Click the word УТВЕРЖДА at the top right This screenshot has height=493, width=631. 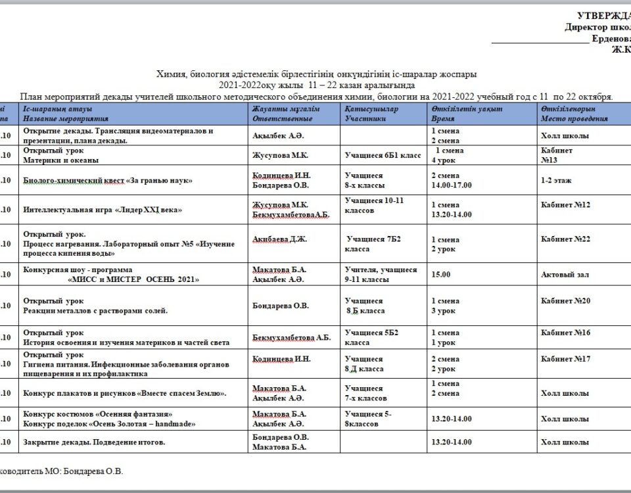pos(603,16)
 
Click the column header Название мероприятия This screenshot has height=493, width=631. pos(65,118)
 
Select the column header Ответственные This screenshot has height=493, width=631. pos(282,118)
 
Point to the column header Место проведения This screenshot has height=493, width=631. pos(574,118)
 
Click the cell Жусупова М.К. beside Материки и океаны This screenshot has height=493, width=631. pos(280,155)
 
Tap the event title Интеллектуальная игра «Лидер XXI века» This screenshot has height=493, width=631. pos(103,210)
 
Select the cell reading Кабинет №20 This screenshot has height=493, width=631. pos(565,300)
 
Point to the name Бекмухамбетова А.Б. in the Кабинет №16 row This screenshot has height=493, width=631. pos(291,338)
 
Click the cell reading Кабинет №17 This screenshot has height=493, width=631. pos(565,359)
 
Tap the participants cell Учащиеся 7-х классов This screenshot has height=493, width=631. pos(365,393)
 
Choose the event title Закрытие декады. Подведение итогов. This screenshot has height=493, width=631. pos(94,442)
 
